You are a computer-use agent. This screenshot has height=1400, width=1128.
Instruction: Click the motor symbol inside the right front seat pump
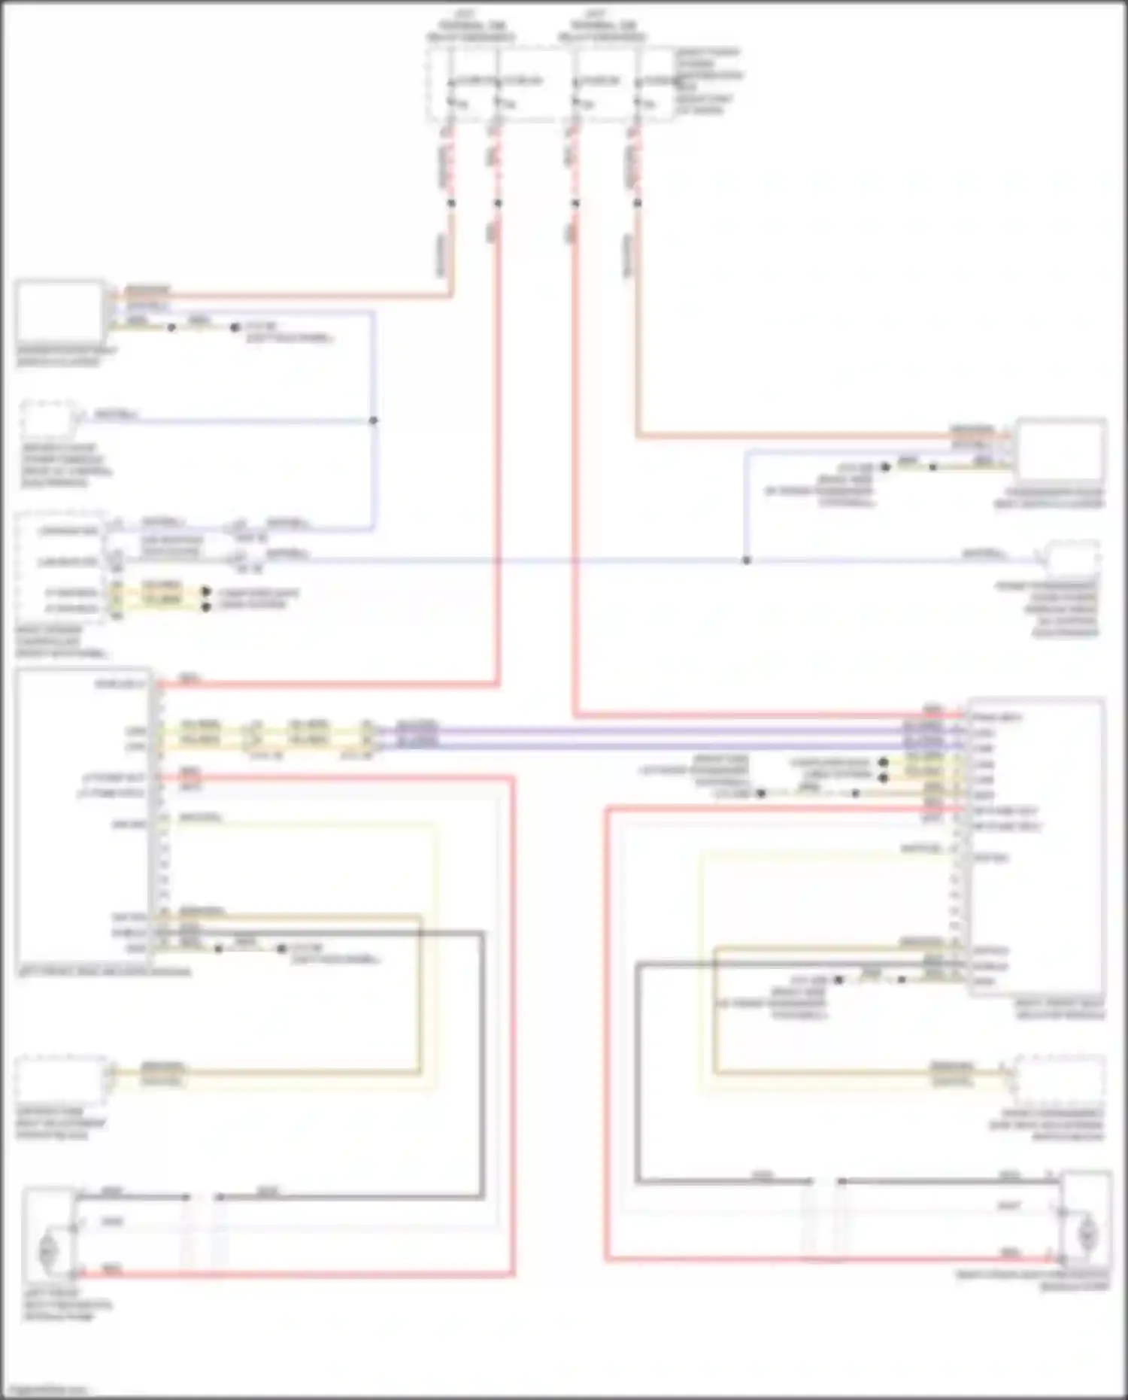[1087, 1234]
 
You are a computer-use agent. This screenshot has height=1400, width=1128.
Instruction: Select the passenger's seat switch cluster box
[1060, 450]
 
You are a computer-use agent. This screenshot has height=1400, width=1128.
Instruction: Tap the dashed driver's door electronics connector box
[50, 418]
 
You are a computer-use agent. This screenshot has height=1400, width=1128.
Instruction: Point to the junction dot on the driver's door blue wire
[373, 421]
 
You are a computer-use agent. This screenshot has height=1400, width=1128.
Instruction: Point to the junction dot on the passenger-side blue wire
[746, 560]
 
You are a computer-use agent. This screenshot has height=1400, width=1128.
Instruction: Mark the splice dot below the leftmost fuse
[451, 203]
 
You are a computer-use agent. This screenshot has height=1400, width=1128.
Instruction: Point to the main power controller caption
[60, 642]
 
